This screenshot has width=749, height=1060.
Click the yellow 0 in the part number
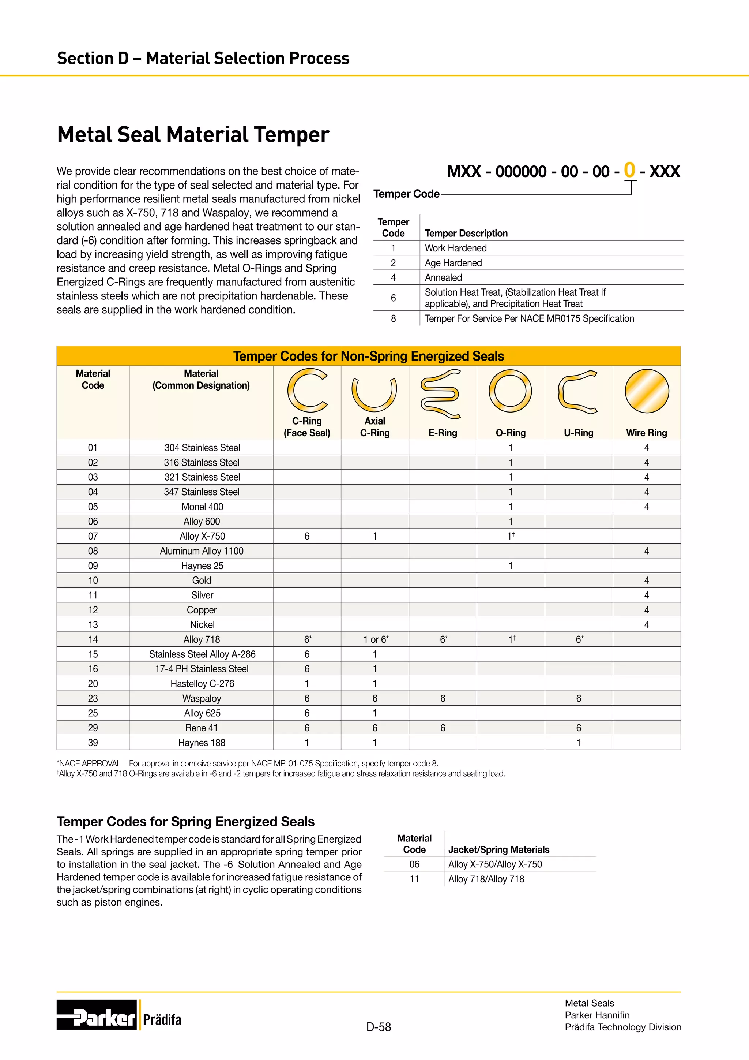629,170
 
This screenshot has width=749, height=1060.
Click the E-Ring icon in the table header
440,393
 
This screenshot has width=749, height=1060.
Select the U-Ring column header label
578,433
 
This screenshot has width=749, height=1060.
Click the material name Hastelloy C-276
202,684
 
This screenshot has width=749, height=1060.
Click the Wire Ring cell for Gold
646,580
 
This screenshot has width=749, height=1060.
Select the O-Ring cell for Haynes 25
510,566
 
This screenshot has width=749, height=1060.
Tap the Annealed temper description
443,277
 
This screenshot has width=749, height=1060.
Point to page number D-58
378,1027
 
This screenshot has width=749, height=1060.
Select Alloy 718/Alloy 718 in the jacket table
486,879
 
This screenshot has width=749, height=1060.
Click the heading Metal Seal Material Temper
193,135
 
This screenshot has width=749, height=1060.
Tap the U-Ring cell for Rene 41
578,728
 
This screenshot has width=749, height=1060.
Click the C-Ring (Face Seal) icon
307,391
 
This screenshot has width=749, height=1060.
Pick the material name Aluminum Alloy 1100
202,551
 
